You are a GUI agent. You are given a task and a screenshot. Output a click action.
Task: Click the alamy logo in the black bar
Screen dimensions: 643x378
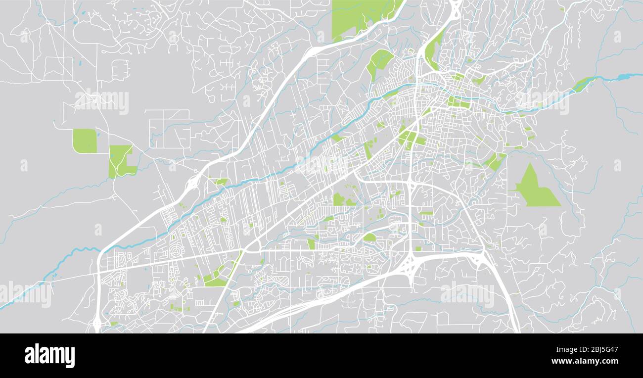[49, 356]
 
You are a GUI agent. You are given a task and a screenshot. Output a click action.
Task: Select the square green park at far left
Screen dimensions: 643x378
[85, 141]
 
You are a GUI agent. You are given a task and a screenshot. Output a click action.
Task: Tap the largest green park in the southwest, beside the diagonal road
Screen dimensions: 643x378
[216, 280]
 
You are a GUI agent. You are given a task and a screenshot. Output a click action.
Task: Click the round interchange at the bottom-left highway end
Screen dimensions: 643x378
[96, 324]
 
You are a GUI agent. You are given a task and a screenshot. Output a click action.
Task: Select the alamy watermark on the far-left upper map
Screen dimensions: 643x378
[101, 101]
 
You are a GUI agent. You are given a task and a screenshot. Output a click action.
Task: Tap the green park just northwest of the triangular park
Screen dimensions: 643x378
[495, 161]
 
